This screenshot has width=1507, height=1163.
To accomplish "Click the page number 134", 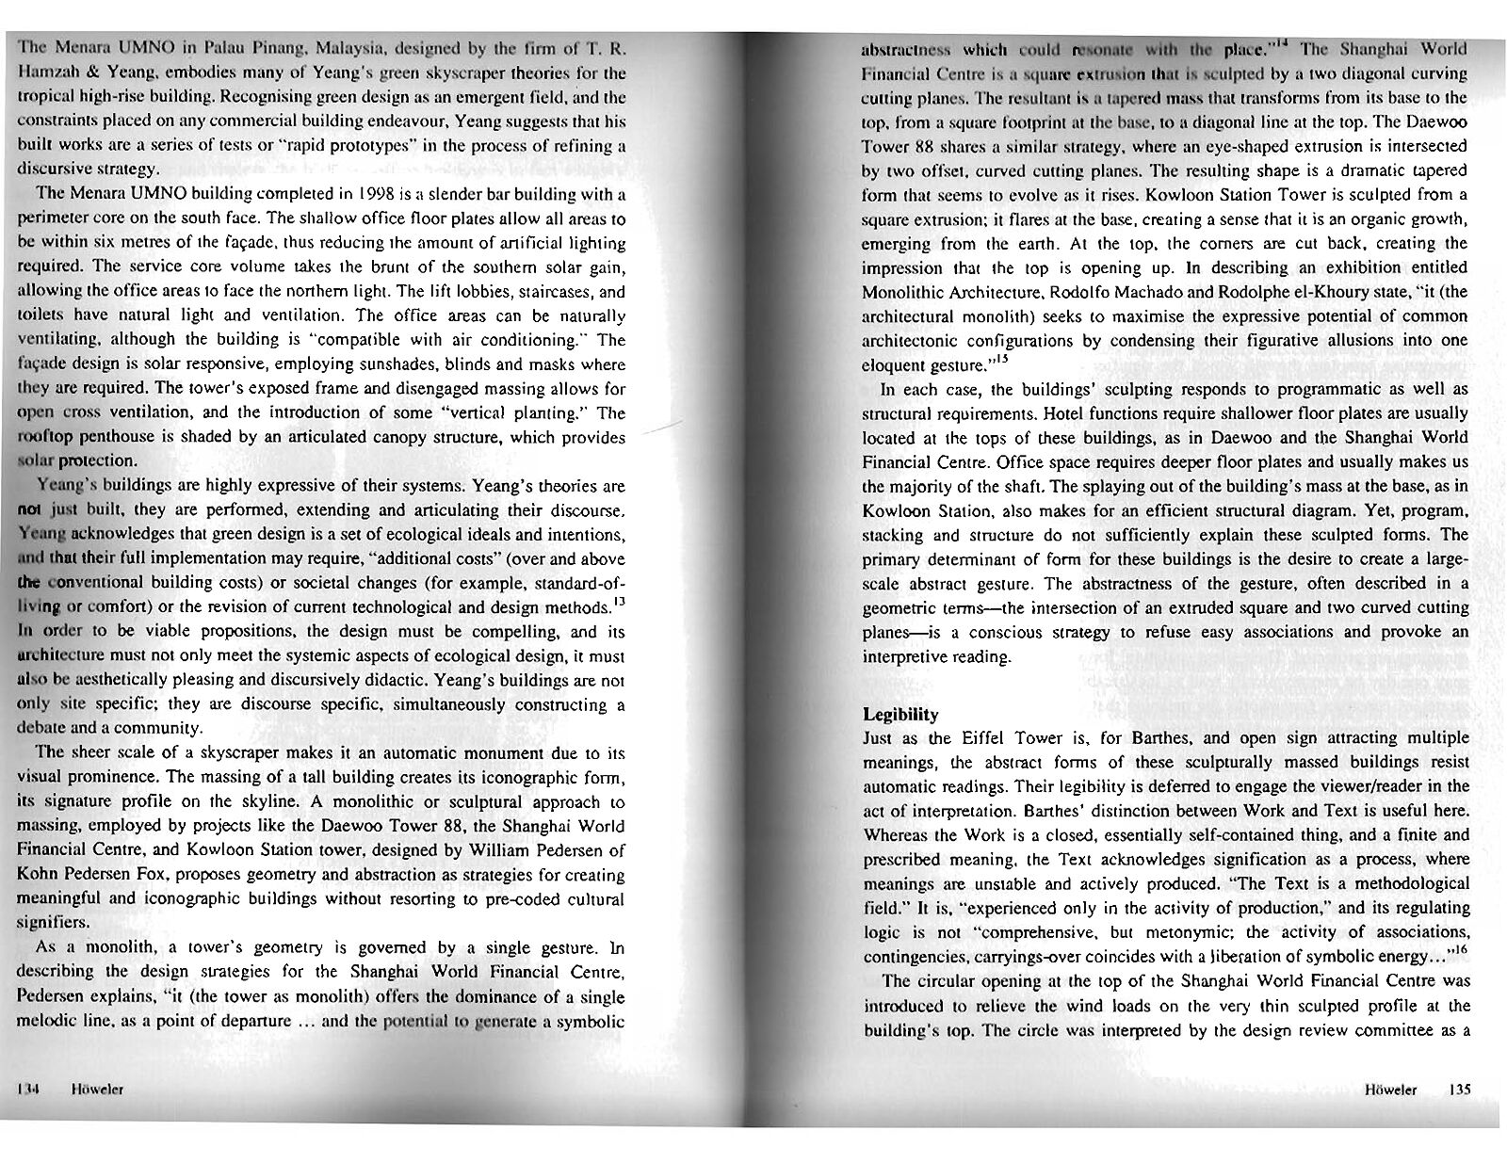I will click(26, 1089).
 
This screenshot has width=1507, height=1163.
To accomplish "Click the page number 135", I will click(1459, 1089).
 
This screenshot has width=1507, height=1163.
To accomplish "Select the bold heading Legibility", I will click(900, 714).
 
